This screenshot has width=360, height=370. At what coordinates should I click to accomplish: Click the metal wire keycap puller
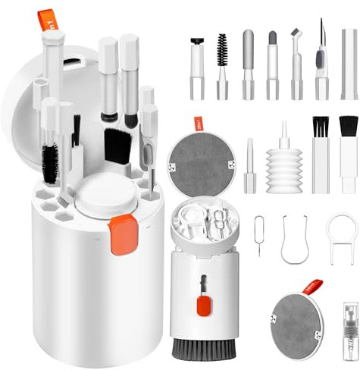pos(293,240)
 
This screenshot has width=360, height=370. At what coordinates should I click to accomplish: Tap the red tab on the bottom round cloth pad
pos(311,287)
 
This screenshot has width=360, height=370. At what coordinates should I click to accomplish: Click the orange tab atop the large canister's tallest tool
pos(46,20)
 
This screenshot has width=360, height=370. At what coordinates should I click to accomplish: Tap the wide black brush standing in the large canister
pos(116,144)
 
